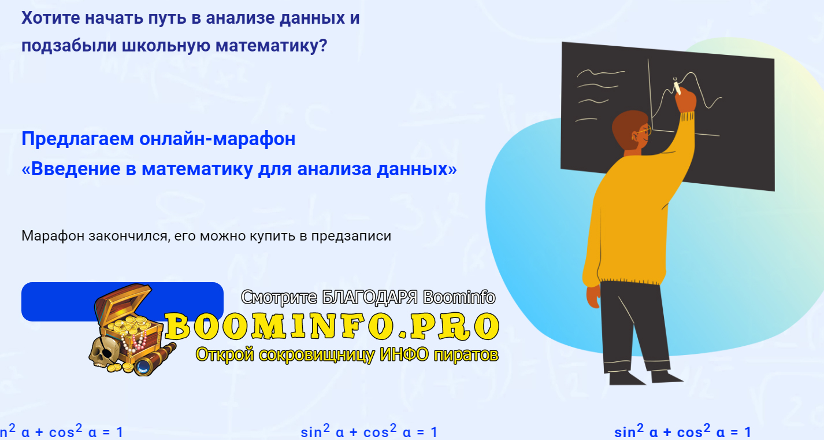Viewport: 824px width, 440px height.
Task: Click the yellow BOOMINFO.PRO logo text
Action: click(x=332, y=326)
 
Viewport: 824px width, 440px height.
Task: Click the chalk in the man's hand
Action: click(x=677, y=87)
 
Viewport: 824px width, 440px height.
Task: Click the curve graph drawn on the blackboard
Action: click(x=696, y=93)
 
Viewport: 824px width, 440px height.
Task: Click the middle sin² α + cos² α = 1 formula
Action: click(x=369, y=432)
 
